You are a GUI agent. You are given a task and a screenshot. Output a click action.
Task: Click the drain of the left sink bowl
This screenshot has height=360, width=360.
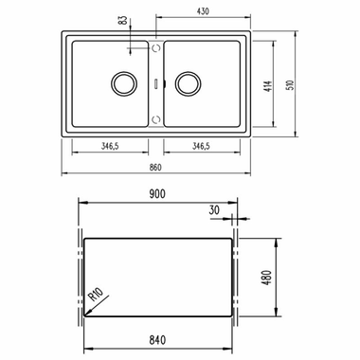click(121, 83)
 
